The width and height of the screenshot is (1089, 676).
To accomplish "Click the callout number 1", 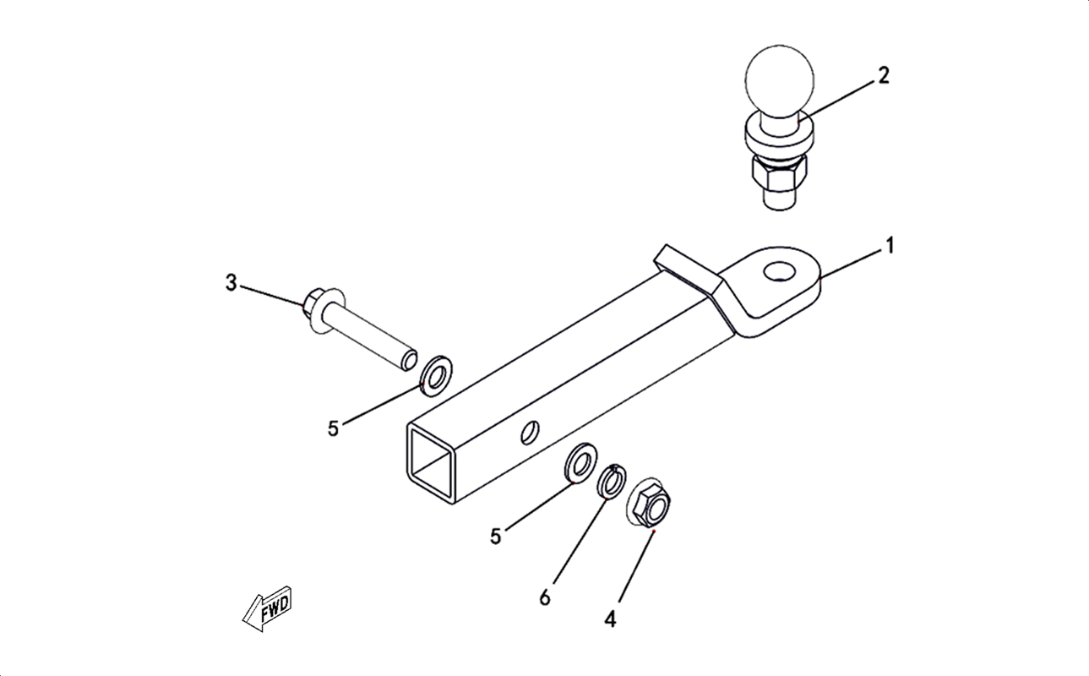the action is tap(890, 246).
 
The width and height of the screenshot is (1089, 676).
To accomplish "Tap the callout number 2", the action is tap(884, 76).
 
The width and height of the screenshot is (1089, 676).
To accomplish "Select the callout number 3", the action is tap(231, 282).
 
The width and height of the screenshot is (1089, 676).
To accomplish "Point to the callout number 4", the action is tap(611, 619).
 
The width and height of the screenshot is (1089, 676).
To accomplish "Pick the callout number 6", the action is tap(545, 597).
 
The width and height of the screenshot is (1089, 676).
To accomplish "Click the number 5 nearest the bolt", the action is tap(333, 429).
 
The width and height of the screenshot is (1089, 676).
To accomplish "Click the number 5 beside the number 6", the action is tap(495, 537).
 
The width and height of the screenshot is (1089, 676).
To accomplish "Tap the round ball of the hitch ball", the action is tap(779, 82).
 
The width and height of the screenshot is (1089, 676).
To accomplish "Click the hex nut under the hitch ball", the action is tap(779, 172).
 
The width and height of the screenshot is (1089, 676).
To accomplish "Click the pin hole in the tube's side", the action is tap(530, 432).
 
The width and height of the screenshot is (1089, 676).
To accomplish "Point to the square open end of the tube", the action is tap(431, 462).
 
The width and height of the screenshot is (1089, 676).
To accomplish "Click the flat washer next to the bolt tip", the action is tap(436, 377).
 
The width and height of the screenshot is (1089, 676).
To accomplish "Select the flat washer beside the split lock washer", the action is tap(581, 463).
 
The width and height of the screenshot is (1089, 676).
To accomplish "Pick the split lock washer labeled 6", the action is tap(612, 481).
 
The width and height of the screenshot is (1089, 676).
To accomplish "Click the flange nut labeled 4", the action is tap(649, 502).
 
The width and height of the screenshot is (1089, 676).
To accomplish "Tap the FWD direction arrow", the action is tap(267, 609).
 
